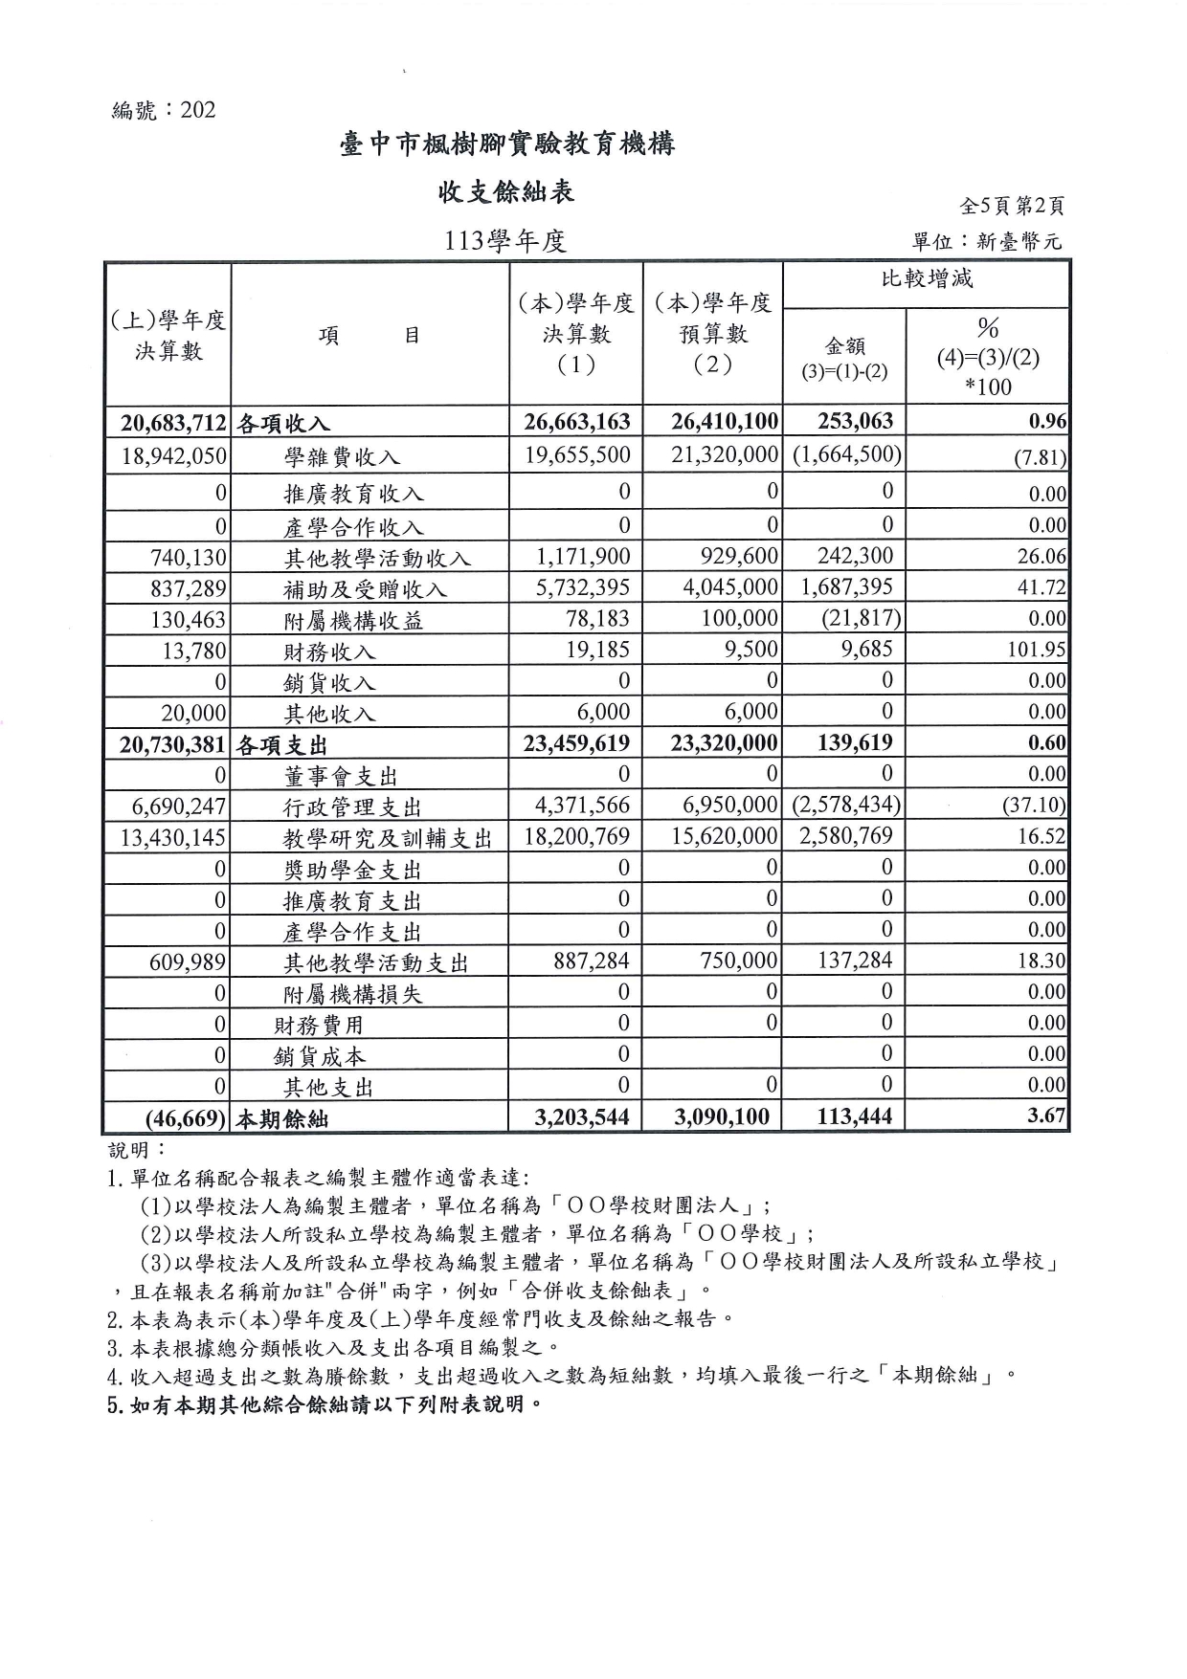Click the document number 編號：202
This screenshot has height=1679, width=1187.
[x=164, y=110]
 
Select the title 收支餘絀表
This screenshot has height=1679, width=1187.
[x=506, y=192]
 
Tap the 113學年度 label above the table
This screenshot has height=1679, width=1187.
[x=506, y=240]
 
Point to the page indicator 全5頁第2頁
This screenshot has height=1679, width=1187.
[x=1012, y=206]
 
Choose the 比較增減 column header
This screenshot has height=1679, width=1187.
[x=926, y=279]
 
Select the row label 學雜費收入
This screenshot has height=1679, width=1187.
[x=342, y=457]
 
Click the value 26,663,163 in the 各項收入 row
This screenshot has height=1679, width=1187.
[x=576, y=422]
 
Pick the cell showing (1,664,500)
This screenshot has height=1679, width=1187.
[x=846, y=454]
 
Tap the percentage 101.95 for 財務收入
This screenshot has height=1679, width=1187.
[x=1037, y=650]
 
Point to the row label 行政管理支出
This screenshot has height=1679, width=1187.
[x=352, y=807]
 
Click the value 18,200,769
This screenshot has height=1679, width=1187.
[x=577, y=836]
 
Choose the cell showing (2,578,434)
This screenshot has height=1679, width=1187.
[x=846, y=806]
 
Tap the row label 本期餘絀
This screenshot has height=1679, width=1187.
[x=284, y=1118]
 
